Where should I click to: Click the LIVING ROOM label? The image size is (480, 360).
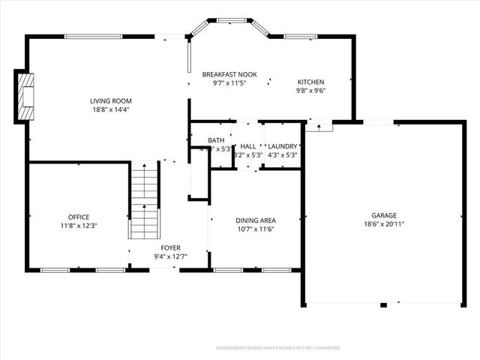(x=111, y=101)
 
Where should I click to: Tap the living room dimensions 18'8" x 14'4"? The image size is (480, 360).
(x=111, y=110)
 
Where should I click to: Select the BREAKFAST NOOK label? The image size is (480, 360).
(x=229, y=74)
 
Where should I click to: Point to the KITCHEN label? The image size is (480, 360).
(x=310, y=82)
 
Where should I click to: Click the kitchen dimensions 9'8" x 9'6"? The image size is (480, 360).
(x=310, y=91)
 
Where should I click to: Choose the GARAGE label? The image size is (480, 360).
(x=384, y=214)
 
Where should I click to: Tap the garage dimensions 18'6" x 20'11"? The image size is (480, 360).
(x=384, y=223)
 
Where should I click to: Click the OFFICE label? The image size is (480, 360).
(x=79, y=217)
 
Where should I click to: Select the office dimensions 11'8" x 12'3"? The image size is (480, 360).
(x=79, y=226)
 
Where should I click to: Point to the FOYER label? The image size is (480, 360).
(x=170, y=247)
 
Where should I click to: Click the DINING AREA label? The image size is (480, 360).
(x=255, y=220)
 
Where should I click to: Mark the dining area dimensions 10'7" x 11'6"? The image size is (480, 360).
(x=255, y=229)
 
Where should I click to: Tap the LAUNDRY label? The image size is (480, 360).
(x=283, y=146)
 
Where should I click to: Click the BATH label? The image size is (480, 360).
(x=216, y=140)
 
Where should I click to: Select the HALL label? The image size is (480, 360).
(x=248, y=146)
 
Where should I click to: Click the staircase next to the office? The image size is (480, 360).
(x=146, y=202)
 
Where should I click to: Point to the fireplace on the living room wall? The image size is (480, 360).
(x=25, y=96)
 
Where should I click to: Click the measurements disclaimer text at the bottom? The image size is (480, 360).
(x=277, y=348)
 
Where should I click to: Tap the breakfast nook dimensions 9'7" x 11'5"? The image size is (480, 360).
(x=229, y=83)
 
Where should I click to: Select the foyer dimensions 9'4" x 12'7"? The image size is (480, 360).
(x=170, y=256)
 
